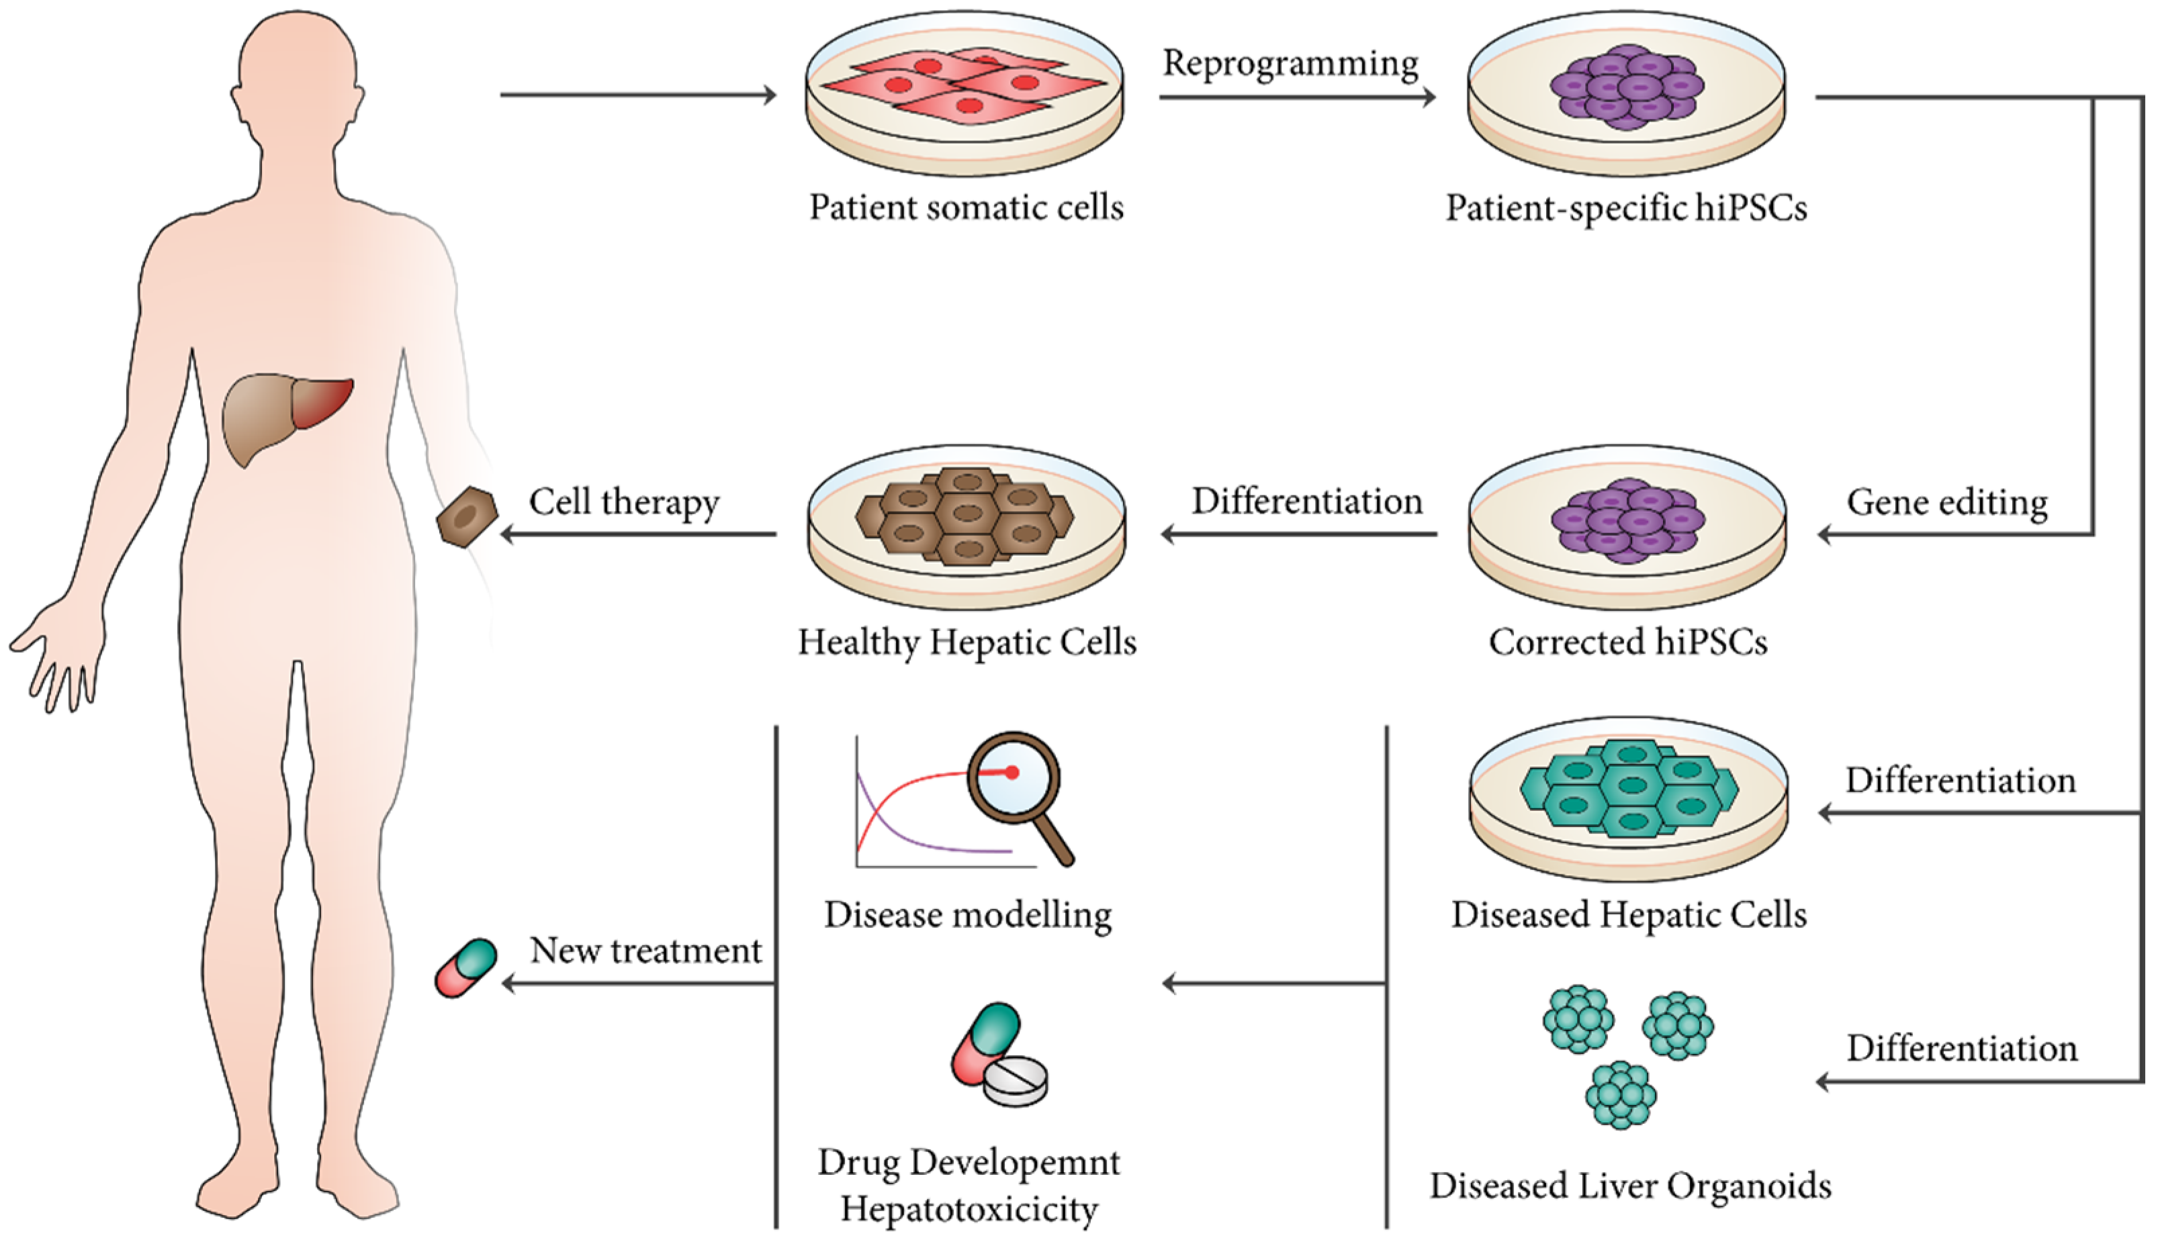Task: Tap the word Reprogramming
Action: [1290, 63]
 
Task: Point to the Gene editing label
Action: [1946, 502]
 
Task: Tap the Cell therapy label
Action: [624, 501]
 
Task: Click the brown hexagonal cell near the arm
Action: [467, 517]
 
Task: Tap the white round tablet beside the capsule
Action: [1016, 1080]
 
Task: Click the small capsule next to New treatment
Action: [465, 967]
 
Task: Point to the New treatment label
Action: [645, 950]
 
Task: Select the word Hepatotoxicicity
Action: [969, 1208]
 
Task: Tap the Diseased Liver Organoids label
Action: [1629, 1186]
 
